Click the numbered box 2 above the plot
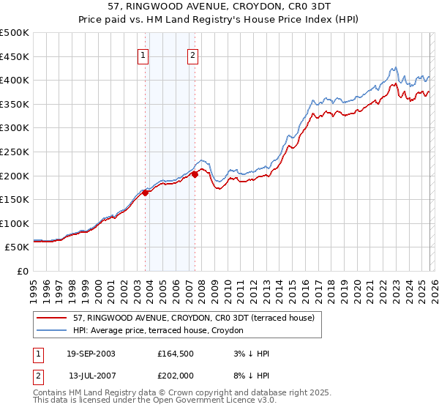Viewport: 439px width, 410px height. pos(192,54)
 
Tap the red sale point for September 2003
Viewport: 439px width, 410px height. pos(146,193)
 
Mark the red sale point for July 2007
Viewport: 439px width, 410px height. pos(195,174)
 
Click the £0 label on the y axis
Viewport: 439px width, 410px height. pos(22,272)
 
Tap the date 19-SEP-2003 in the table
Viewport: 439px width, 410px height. pos(91,354)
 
